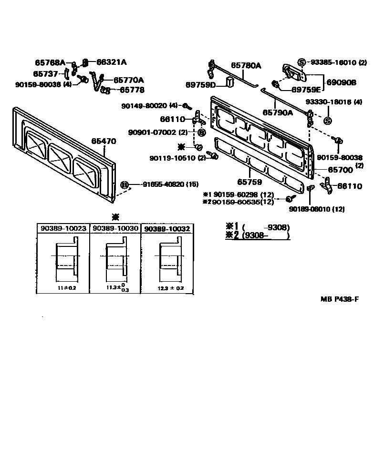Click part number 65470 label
point(104,141)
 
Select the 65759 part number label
point(247,182)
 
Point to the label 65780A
point(246,65)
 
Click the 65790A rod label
point(278,113)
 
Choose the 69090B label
point(341,82)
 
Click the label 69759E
point(306,89)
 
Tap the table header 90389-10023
point(63,229)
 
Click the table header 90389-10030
point(115,229)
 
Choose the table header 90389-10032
point(167,229)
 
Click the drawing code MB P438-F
point(339,299)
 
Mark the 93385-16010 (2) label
point(339,62)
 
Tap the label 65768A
point(50,62)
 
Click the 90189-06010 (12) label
point(317,209)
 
